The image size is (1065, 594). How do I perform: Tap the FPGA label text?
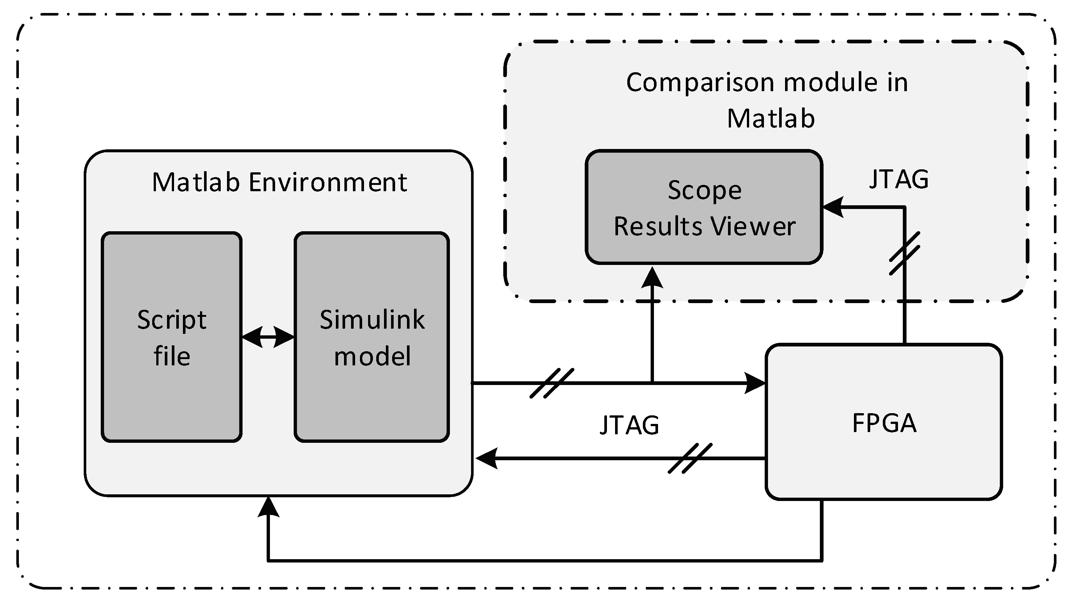coord(884,423)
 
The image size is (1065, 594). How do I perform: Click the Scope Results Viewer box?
coord(704,207)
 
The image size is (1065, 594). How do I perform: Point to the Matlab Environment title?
coord(280,182)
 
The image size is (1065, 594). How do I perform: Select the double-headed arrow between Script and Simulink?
coord(268,337)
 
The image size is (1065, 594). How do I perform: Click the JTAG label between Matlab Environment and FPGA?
coord(629,425)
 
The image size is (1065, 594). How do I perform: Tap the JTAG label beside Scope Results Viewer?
coord(899,179)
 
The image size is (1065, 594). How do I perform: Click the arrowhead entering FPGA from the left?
coord(756,383)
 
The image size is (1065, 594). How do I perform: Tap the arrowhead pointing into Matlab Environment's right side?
coord(486,458)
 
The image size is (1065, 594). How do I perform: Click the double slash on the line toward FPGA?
coord(551,383)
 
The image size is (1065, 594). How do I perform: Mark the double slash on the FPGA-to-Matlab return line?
coord(690,458)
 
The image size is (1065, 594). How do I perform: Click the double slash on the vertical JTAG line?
coord(905,253)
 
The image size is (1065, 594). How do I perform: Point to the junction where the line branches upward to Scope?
coord(652,383)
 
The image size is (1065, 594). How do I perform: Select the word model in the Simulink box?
coord(372,356)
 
